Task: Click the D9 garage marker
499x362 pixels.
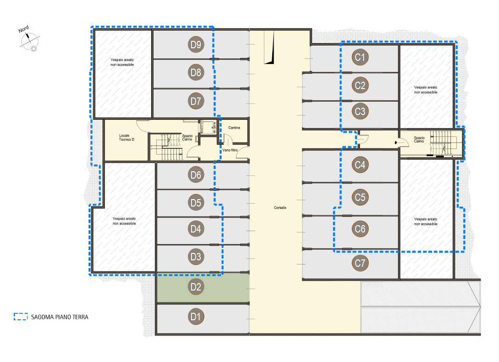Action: click(196, 45)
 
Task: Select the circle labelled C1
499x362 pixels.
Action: click(360, 57)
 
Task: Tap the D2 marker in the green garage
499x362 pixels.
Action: click(196, 287)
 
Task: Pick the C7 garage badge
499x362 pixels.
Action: click(360, 263)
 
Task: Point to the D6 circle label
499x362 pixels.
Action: click(196, 175)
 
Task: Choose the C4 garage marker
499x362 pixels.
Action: click(360, 165)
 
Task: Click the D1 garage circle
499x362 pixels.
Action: click(196, 317)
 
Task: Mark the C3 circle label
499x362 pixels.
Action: click(360, 111)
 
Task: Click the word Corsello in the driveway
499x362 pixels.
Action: click(280, 207)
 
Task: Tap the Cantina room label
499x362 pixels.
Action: click(234, 128)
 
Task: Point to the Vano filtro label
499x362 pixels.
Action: click(230, 150)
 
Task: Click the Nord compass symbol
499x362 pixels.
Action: click(29, 39)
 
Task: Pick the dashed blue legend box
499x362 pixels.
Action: click(21, 317)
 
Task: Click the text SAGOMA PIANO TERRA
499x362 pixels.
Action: click(59, 317)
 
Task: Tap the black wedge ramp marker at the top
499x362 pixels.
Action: click(269, 47)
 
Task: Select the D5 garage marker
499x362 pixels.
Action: click(196, 202)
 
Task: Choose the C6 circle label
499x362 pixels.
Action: click(360, 229)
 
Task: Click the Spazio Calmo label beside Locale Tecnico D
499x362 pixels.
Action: click(187, 137)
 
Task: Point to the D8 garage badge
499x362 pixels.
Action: click(196, 72)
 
